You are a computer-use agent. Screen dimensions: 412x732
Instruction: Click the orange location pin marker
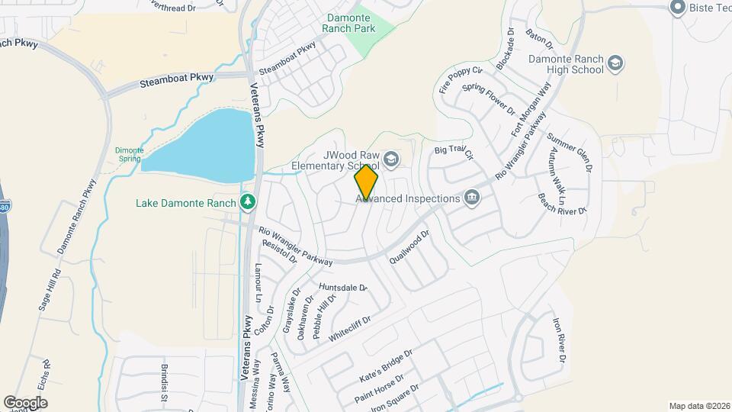tap(366, 183)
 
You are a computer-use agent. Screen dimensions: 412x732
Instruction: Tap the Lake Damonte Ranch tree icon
tap(248, 201)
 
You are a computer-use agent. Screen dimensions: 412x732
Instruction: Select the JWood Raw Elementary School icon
tap(391, 159)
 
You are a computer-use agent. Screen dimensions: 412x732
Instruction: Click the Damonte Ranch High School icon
tap(616, 63)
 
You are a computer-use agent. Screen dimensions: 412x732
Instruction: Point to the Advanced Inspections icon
tap(472, 198)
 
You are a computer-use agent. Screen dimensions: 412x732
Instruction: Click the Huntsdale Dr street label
tap(343, 287)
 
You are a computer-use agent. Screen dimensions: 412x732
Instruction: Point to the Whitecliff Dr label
tap(349, 328)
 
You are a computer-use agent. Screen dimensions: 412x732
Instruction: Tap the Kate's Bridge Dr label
tap(385, 367)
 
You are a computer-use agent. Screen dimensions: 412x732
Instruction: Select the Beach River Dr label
tap(562, 204)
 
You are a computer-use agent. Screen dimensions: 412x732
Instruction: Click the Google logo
tap(25, 402)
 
